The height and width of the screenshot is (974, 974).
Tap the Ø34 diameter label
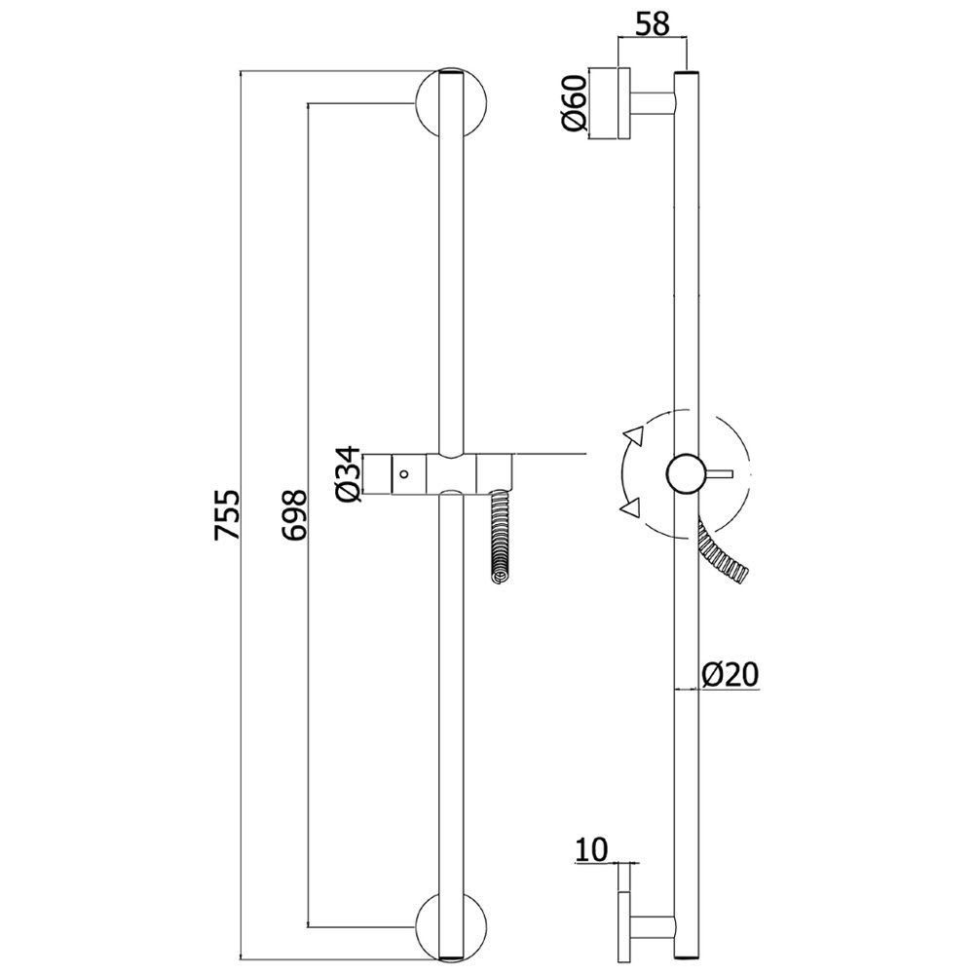[349, 474]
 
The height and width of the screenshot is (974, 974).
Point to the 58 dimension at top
[653, 24]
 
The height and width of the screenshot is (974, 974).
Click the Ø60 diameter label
[575, 102]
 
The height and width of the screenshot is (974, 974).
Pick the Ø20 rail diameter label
[730, 675]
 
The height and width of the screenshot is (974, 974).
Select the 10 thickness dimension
[591, 850]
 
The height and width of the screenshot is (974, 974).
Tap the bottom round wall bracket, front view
[451, 928]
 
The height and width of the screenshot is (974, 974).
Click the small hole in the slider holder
[405, 474]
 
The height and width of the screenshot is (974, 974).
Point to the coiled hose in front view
[500, 537]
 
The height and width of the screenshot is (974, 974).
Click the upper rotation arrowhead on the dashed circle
[635, 434]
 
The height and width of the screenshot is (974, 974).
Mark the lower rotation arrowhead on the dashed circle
[630, 507]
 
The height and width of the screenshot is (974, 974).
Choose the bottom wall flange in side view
[623, 928]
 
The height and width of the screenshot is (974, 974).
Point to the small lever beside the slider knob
[720, 474]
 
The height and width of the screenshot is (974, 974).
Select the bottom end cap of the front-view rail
[451, 960]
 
